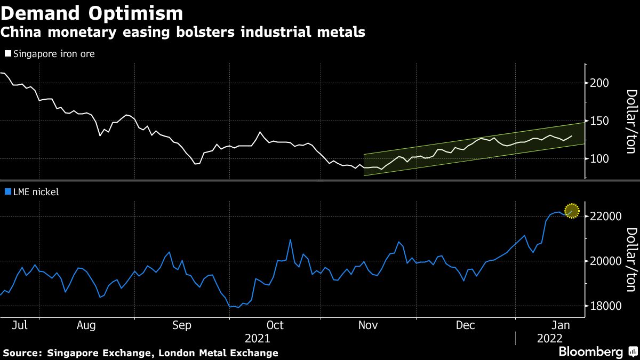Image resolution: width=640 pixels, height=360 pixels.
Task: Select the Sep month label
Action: click(182, 325)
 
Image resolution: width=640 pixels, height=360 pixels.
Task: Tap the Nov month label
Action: click(367, 325)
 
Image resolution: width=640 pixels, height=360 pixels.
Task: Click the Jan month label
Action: click(561, 325)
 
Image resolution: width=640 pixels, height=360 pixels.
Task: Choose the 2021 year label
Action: click(258, 338)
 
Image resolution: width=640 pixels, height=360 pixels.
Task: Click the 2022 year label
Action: click(550, 338)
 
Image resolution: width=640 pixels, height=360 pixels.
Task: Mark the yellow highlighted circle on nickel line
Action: click(572, 211)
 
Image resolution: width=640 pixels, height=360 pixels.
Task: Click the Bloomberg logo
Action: click(590, 352)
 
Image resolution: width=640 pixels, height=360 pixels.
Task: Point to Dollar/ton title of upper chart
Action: click(630, 121)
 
